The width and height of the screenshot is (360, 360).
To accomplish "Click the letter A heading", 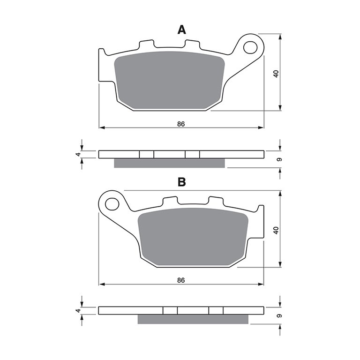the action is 181,30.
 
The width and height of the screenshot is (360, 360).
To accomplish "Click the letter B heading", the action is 181,182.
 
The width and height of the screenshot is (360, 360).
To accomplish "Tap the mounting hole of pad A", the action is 250,47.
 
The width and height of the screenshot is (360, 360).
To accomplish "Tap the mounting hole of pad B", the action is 112,204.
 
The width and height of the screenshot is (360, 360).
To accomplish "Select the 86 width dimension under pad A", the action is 181,124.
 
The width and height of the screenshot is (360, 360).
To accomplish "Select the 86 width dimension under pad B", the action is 181,280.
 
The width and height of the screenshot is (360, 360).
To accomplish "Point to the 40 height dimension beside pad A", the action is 276,74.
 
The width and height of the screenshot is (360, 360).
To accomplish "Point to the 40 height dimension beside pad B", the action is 276,230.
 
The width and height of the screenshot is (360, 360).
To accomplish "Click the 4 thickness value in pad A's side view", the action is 79,154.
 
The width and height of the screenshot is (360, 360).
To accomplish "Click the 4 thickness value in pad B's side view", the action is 79,311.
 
